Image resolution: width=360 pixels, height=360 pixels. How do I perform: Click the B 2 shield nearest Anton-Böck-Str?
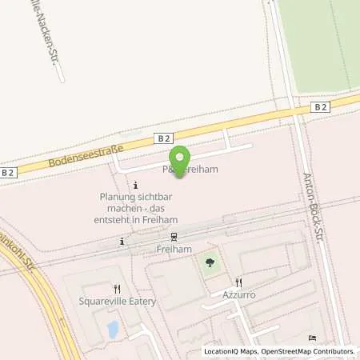tap(320, 106)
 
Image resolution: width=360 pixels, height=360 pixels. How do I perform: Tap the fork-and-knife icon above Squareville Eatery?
tap(117, 289)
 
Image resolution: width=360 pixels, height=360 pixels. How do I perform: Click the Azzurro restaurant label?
tap(238, 294)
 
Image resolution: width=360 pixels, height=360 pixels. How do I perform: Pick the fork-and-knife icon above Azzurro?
tap(238, 282)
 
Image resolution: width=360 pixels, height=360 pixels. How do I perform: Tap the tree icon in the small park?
tap(210, 262)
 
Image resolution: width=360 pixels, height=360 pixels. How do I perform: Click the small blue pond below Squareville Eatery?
tap(113, 328)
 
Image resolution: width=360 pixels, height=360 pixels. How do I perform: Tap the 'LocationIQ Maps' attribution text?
tap(231, 351)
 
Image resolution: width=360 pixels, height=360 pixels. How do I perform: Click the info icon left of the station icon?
tap(122, 241)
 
